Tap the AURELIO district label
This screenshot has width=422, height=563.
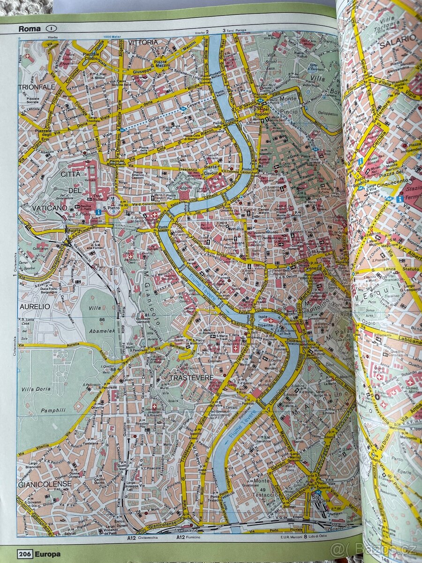pos(34,306)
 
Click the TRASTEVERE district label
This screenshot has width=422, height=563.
pos(191,377)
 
